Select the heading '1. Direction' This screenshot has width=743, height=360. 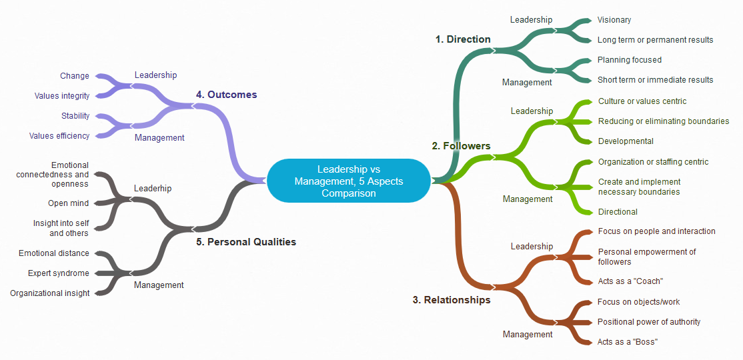click(x=463, y=39)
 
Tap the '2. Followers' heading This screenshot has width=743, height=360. click(x=461, y=146)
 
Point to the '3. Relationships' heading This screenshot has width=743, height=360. click(x=452, y=300)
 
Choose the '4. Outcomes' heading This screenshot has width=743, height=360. click(x=226, y=95)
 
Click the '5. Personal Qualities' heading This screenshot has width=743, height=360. click(x=246, y=242)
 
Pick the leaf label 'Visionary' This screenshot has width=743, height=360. click(x=614, y=20)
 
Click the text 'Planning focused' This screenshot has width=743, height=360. click(x=629, y=60)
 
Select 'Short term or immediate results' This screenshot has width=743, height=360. click(x=655, y=80)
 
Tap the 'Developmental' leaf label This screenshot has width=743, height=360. click(x=626, y=141)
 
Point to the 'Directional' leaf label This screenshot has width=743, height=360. click(x=618, y=212)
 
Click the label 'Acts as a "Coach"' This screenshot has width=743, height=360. click(x=630, y=281)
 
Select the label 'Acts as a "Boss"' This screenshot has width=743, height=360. click(x=628, y=342)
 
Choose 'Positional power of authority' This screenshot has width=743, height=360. click(x=648, y=322)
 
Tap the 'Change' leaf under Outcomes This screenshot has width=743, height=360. click(x=75, y=76)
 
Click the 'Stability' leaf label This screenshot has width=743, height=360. click(x=75, y=116)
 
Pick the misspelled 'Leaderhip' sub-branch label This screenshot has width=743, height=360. click(x=153, y=189)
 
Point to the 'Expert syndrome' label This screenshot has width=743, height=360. click(x=59, y=273)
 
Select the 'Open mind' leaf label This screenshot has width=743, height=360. click(x=68, y=203)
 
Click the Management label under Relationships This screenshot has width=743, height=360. click(x=528, y=335)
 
